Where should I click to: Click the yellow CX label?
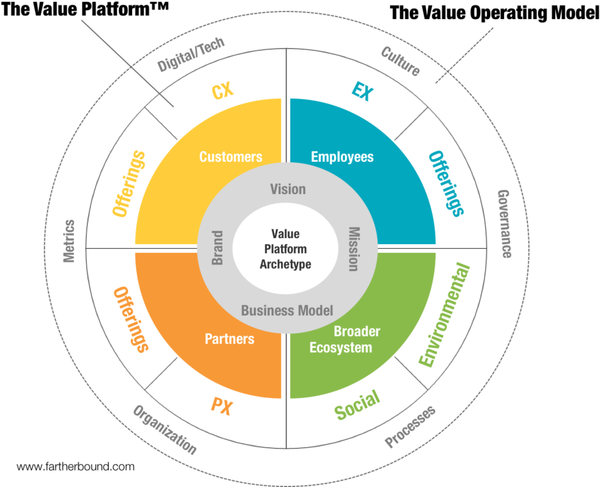[x=222, y=90]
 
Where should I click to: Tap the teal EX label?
[x=362, y=91]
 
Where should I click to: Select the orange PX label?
[x=222, y=406]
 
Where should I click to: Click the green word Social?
[x=357, y=405]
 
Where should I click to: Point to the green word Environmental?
[x=444, y=314]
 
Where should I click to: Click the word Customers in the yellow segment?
[x=231, y=157]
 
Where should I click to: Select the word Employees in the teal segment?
[x=342, y=157]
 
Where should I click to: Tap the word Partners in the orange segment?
[x=229, y=339]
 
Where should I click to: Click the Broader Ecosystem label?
[x=345, y=339]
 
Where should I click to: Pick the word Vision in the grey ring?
[x=287, y=189]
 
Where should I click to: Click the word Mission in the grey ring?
[x=354, y=249]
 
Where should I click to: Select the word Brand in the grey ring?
[x=217, y=247]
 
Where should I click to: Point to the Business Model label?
[x=287, y=310]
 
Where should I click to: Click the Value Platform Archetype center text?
[x=285, y=249]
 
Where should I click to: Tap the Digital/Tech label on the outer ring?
[x=191, y=54]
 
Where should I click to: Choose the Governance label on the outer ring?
[x=505, y=224]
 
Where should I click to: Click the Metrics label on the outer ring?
[x=69, y=242]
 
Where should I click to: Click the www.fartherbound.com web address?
[x=76, y=467]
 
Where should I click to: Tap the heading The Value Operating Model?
[x=494, y=13]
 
